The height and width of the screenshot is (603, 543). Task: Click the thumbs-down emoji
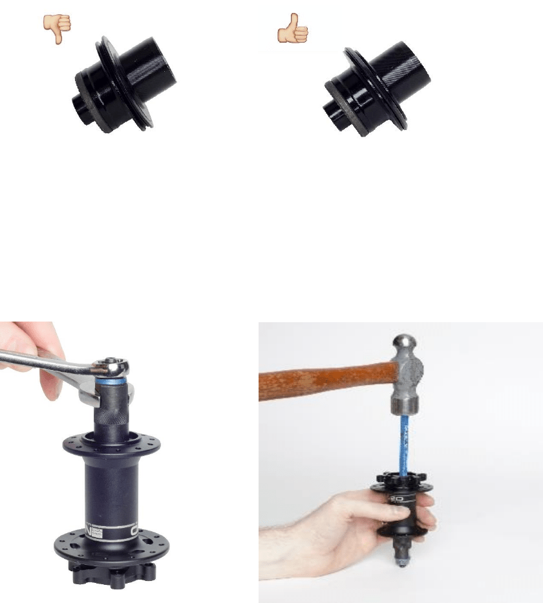tap(57, 28)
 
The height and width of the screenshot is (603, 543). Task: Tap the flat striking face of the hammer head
tap(404, 410)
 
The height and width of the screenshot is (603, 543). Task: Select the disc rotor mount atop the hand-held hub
tap(402, 483)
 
